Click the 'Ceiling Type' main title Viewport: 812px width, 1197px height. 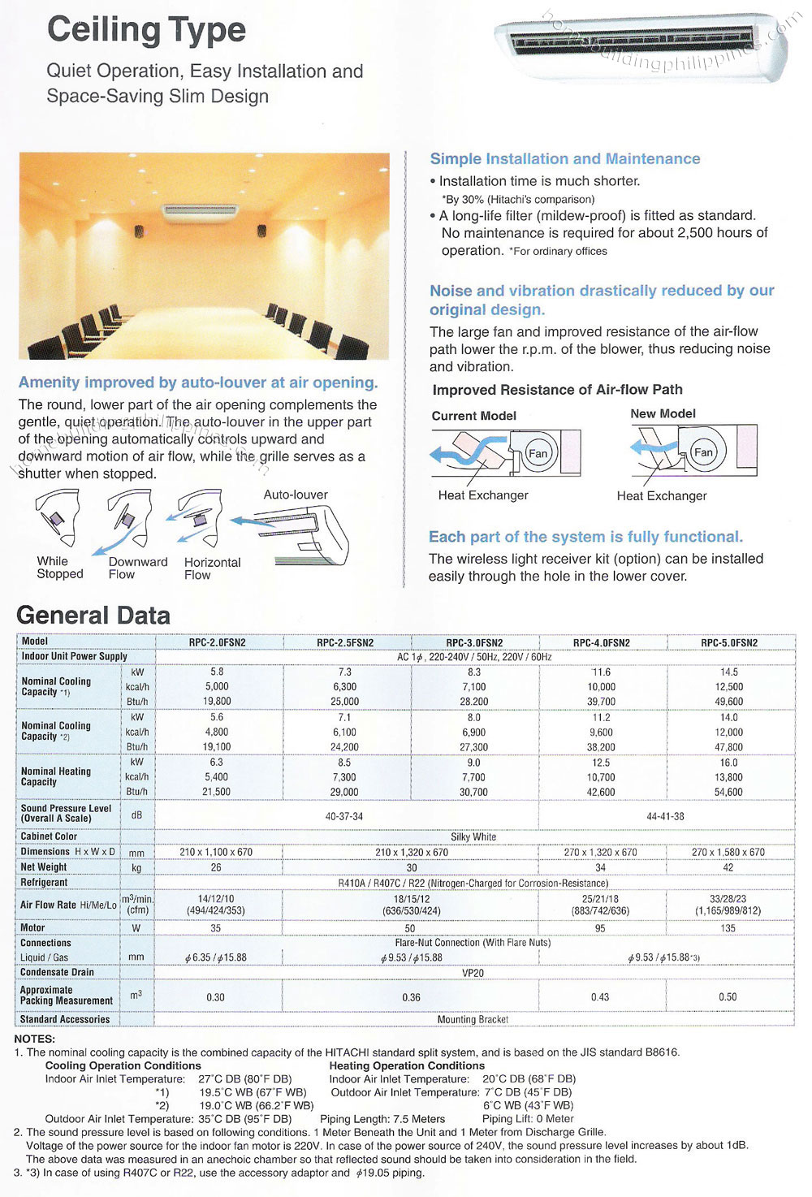(x=146, y=30)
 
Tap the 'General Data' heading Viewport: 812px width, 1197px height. (x=93, y=616)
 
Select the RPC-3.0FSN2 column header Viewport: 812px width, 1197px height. (x=474, y=642)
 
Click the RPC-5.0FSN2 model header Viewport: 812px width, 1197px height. (x=729, y=642)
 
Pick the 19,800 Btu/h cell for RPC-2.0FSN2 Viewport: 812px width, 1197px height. (x=217, y=702)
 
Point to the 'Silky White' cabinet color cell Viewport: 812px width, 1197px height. (x=473, y=836)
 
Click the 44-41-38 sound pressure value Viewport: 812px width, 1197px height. (x=665, y=816)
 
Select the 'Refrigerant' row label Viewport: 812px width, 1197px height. (x=45, y=883)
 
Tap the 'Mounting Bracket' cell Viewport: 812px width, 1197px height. (x=473, y=1019)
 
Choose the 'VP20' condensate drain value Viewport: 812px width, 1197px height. (x=473, y=973)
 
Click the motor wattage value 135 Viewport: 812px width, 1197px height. (x=728, y=928)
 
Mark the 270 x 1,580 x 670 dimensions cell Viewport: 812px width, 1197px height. (x=728, y=852)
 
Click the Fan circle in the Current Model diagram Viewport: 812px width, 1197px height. (x=538, y=453)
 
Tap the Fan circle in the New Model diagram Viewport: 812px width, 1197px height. (x=703, y=452)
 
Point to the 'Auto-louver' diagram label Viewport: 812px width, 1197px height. (x=296, y=495)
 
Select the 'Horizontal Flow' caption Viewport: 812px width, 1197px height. (x=212, y=568)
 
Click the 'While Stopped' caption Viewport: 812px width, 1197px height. (x=59, y=568)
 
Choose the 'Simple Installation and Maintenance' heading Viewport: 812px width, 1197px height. (x=564, y=159)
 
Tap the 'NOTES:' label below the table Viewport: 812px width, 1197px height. (x=35, y=1039)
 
